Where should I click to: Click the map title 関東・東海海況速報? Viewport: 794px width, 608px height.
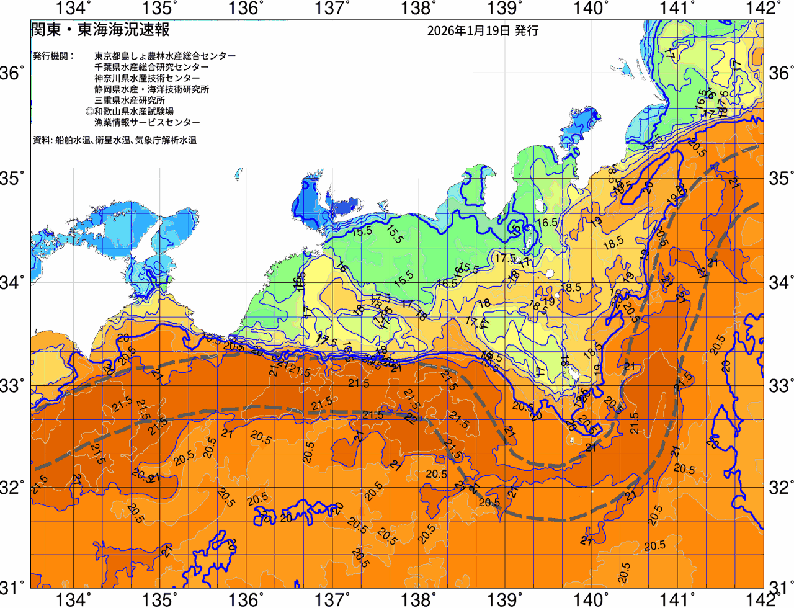(100, 29)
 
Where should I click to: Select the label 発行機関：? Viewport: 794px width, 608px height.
(53, 56)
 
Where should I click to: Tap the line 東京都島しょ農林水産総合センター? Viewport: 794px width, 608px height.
(165, 56)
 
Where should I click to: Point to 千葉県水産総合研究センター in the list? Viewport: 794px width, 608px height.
(151, 67)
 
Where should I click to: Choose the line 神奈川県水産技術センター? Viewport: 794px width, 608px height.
(147, 78)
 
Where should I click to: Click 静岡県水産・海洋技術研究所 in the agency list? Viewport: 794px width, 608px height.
(151, 89)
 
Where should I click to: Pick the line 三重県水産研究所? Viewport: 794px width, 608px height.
(130, 101)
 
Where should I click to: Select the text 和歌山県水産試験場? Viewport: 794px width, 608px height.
(134, 112)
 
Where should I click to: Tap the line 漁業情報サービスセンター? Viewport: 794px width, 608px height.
(147, 123)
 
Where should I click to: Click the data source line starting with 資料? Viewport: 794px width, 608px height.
(115, 140)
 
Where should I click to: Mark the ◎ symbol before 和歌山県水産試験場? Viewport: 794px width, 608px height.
(89, 112)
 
